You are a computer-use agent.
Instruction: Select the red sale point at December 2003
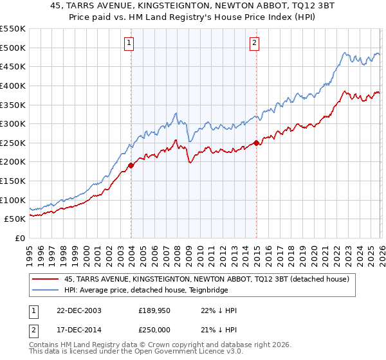pos(131,165)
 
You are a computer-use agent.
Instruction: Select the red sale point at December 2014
pos(257,143)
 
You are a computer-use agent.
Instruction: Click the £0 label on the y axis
pos(20,238)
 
